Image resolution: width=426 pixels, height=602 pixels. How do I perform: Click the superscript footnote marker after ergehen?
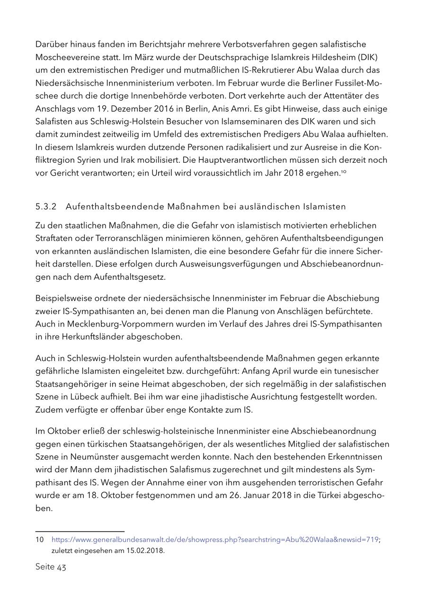344,171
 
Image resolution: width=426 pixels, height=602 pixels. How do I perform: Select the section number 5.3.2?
46,206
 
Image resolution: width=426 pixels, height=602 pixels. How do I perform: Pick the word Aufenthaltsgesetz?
134,276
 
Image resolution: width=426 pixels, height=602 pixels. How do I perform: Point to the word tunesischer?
358,371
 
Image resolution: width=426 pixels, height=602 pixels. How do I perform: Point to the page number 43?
62,567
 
